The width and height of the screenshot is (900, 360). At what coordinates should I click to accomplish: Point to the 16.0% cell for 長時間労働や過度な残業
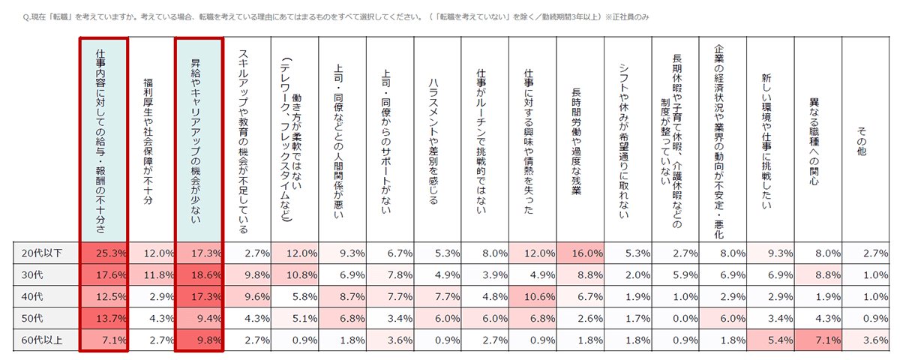point(579,253)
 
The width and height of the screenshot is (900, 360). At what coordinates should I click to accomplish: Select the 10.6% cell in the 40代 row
point(532,296)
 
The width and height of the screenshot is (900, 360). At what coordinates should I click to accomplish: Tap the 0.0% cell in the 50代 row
point(674,319)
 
